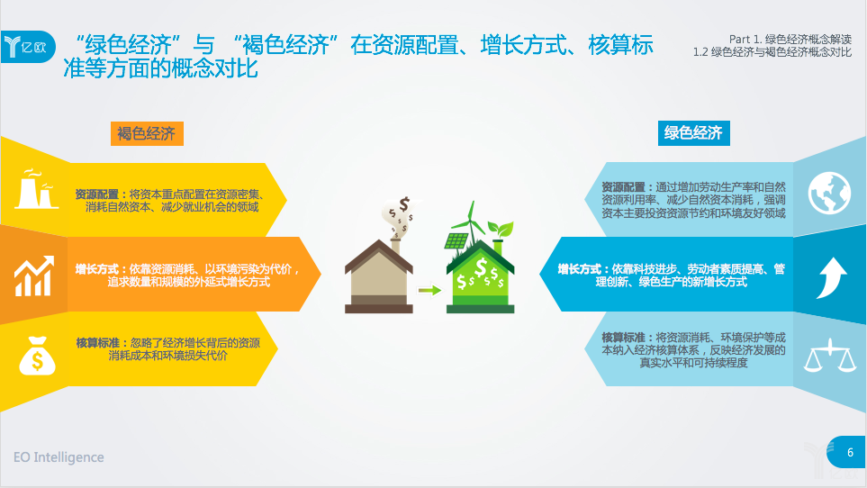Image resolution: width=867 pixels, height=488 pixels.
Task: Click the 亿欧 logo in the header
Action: click(x=28, y=47)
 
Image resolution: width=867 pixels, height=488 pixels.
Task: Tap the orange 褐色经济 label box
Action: click(x=147, y=134)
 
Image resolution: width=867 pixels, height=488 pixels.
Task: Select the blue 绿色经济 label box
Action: click(x=693, y=133)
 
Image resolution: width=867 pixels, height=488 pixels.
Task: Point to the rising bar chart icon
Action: click(x=34, y=276)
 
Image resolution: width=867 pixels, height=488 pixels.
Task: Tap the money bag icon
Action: click(x=37, y=356)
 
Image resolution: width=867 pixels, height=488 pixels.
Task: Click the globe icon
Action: click(x=829, y=194)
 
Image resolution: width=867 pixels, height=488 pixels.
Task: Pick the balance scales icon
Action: click(x=830, y=355)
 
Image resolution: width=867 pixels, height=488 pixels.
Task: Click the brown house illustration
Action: click(x=379, y=276)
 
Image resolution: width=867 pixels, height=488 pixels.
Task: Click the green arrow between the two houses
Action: click(x=429, y=290)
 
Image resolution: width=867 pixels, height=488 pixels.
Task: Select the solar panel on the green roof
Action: click(x=456, y=241)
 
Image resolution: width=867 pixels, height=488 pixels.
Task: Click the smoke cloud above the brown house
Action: click(x=400, y=216)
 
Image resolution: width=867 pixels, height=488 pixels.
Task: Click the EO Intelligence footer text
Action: click(x=59, y=457)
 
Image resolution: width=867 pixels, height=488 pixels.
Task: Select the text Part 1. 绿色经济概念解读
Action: click(x=790, y=40)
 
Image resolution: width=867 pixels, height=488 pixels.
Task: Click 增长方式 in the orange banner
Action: click(x=96, y=269)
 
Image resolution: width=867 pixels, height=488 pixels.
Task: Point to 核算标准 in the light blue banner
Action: click(x=623, y=337)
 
